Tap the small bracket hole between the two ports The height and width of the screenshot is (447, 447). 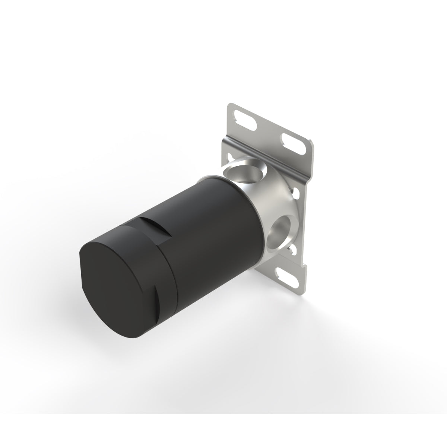[296, 193]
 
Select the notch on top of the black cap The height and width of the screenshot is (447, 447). [156, 228]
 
